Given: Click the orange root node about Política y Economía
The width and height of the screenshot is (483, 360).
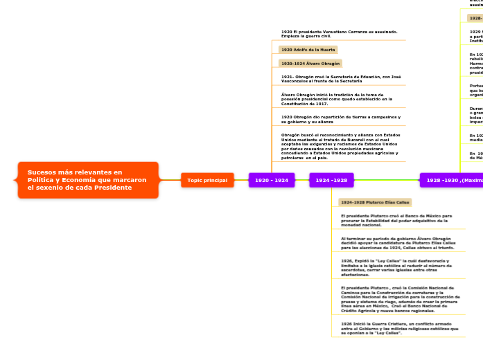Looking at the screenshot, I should [x=87, y=199].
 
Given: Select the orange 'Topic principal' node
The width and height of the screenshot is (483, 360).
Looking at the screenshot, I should [x=207, y=199].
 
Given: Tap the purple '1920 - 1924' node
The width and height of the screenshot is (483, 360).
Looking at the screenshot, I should [x=272, y=199].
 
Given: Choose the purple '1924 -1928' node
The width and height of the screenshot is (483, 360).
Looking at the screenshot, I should [x=332, y=199].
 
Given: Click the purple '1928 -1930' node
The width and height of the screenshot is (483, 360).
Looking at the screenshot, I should [x=451, y=199].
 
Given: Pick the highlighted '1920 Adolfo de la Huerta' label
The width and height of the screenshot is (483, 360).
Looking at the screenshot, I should [x=308, y=50].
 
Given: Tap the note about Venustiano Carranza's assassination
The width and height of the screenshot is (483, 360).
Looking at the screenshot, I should [x=339, y=33].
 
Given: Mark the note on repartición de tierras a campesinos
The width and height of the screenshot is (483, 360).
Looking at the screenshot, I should [x=340, y=119].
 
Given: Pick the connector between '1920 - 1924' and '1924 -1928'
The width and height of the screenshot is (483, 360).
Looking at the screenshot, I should [x=301, y=199].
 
